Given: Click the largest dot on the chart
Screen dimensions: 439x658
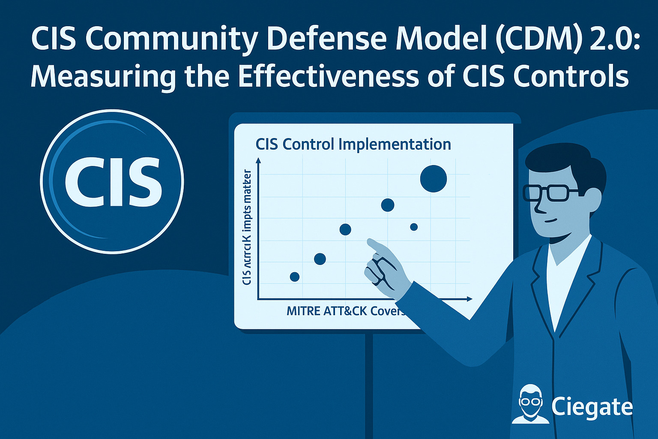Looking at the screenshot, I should click(x=434, y=179).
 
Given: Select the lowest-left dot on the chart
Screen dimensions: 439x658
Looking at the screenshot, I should click(x=295, y=277).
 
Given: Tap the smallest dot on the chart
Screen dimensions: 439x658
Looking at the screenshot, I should click(x=414, y=227).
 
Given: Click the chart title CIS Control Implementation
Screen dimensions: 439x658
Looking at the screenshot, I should click(x=353, y=144).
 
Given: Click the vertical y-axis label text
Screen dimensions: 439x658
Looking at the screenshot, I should click(x=247, y=227).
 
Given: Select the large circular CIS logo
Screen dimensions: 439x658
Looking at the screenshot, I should click(x=112, y=181).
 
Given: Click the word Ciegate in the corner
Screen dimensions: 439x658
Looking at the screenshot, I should click(x=592, y=406).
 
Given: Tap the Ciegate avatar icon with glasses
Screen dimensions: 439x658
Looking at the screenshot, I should click(x=530, y=404).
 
